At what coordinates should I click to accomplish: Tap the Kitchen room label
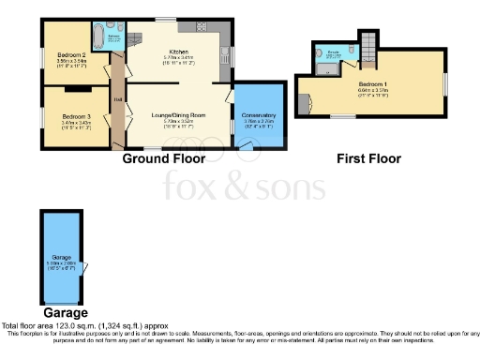click(x=178, y=52)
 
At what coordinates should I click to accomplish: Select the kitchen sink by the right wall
click(x=226, y=54)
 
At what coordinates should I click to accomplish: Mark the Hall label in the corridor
click(x=118, y=98)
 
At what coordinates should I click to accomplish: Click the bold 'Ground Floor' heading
click(x=164, y=158)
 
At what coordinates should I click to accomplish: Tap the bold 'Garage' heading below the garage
click(x=66, y=312)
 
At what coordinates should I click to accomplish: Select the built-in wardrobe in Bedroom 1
click(x=302, y=103)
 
